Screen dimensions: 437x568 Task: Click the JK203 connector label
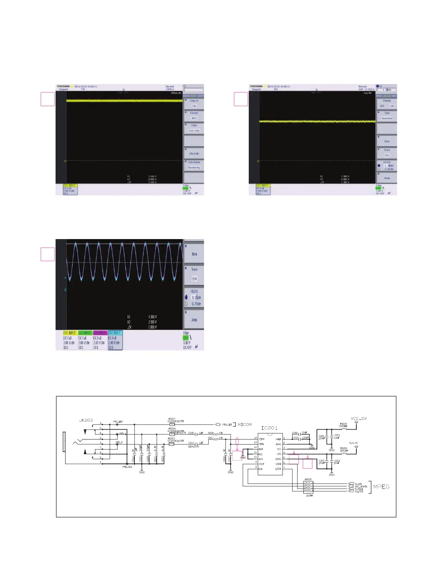click(x=86, y=420)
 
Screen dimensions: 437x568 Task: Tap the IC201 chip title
click(x=269, y=428)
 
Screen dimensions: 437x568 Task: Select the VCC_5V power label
click(x=358, y=418)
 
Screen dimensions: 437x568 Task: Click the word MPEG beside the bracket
click(x=381, y=487)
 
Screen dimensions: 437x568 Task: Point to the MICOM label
click(x=244, y=424)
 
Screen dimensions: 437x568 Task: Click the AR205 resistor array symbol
click(x=308, y=487)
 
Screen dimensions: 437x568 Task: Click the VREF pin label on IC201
click(x=278, y=439)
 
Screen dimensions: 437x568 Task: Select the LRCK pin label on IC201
click(x=278, y=469)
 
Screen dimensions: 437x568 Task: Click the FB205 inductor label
click(x=343, y=424)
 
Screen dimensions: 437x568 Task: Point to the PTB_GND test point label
click(x=127, y=467)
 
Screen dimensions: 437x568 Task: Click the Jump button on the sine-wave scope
click(x=194, y=320)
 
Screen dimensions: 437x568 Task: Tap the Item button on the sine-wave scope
click(x=194, y=254)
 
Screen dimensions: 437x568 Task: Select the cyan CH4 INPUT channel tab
click(x=115, y=333)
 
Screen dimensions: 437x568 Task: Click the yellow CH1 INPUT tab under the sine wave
click(x=70, y=333)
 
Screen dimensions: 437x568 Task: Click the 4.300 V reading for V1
click(x=152, y=317)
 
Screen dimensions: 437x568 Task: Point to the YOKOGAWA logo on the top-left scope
click(x=63, y=87)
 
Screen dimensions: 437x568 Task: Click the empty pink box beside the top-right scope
click(x=241, y=99)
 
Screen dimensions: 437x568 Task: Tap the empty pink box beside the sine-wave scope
click(x=48, y=254)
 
